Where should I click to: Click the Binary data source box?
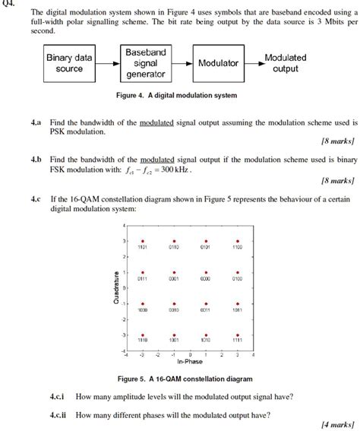69,63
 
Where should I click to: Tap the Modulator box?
218,64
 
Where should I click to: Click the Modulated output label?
285,63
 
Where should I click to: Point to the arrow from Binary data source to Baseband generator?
107,63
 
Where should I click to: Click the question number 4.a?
36,122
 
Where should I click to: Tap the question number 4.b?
36,160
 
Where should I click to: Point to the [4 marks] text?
336,424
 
